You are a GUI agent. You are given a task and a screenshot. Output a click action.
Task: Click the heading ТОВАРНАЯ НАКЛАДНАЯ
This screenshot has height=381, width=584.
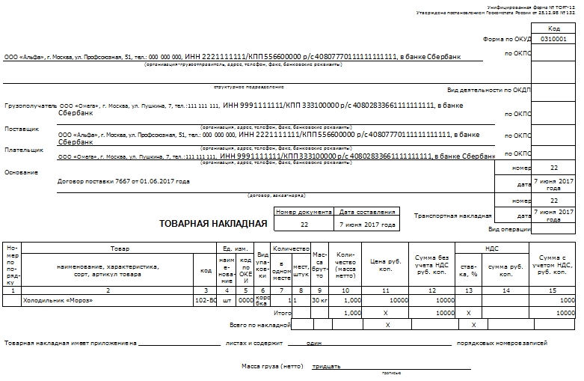click(x=213, y=222)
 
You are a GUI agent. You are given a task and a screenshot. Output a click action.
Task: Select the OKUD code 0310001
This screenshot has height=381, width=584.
click(x=553, y=39)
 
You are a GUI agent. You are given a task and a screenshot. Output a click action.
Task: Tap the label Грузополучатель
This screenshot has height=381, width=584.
click(x=31, y=106)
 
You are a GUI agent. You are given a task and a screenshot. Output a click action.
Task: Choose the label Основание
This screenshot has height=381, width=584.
click(x=21, y=173)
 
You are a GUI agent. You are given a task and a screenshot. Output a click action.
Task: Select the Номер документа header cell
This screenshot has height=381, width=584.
click(x=304, y=212)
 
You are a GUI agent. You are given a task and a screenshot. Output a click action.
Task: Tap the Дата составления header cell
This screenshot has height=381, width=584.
click(x=367, y=212)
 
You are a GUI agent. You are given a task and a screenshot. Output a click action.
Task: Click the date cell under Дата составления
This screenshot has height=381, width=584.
click(x=367, y=224)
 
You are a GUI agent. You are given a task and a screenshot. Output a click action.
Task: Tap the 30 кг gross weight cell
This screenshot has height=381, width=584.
click(x=320, y=300)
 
